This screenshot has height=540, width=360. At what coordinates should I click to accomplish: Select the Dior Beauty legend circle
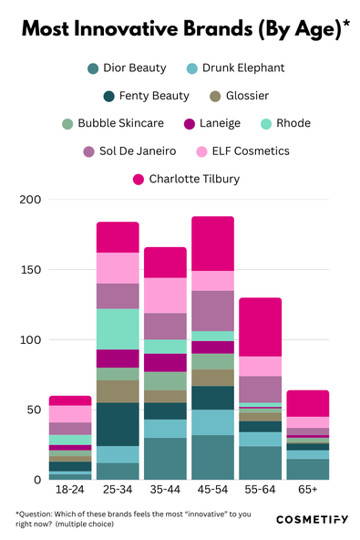tap(92, 67)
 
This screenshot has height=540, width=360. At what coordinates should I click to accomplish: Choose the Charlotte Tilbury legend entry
tap(188, 178)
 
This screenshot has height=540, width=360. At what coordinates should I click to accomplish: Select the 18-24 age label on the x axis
tap(70, 490)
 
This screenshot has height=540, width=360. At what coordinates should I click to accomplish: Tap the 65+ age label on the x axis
tap(307, 490)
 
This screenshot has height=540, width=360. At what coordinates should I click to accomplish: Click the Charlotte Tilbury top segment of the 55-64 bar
tap(260, 327)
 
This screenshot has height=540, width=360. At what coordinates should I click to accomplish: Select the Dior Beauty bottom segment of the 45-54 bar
tap(212, 457)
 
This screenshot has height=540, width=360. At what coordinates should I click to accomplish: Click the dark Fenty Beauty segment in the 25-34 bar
tap(118, 424)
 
